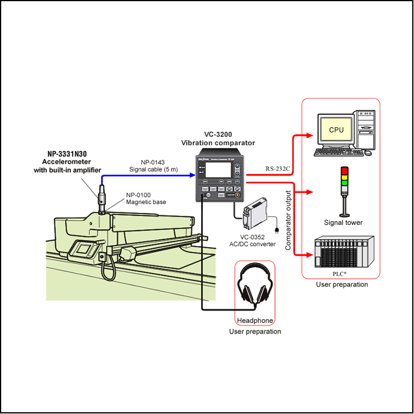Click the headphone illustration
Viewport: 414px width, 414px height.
[x=255, y=289]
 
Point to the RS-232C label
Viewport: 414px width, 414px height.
[x=278, y=169]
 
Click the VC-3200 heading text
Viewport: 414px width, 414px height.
[x=217, y=134]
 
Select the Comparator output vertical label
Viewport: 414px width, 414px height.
[x=289, y=219]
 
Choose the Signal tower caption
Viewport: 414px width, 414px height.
[x=344, y=222]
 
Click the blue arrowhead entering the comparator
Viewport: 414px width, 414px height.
[x=192, y=174]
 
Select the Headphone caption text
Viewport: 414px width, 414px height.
[x=255, y=321]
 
